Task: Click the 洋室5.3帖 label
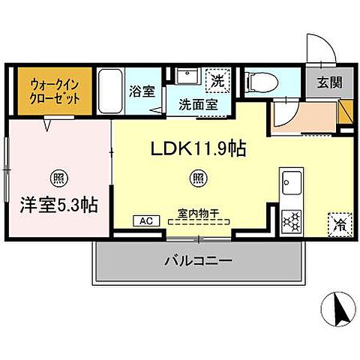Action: click(56, 204)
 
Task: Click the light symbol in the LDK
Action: click(197, 178)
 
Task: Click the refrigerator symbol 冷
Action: click(337, 222)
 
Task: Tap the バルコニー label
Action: click(198, 262)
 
